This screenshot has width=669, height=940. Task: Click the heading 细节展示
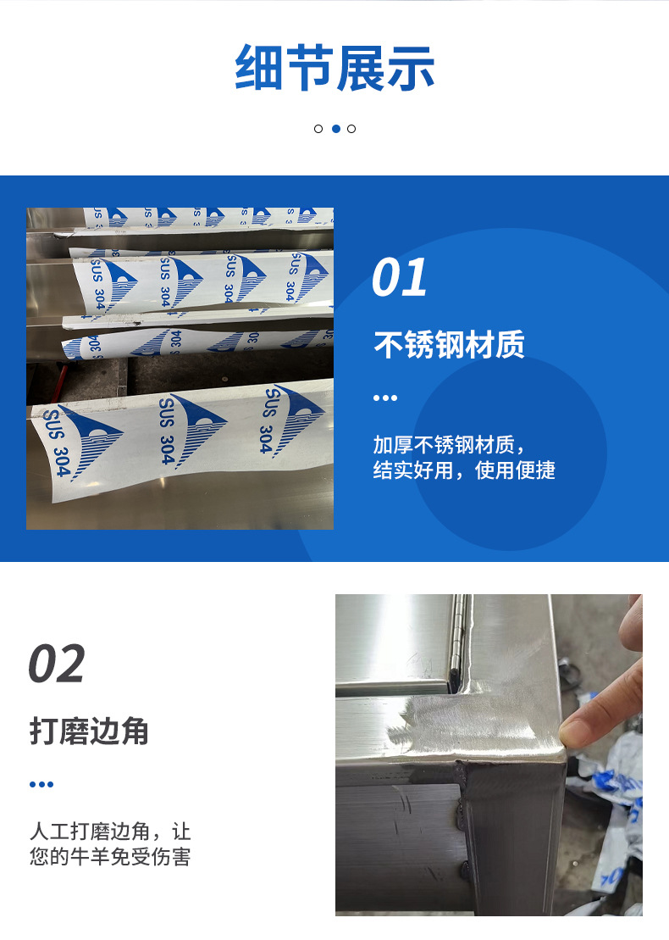tap(334, 68)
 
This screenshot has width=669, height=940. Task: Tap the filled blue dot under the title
tap(336, 128)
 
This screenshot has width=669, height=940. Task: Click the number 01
tap(399, 277)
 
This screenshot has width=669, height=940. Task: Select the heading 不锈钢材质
tap(449, 345)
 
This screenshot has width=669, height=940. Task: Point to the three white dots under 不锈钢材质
tap(385, 398)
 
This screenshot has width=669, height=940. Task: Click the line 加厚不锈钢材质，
tap(449, 445)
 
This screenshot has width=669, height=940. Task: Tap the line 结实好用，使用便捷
tap(464, 470)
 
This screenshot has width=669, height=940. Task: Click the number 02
tap(57, 664)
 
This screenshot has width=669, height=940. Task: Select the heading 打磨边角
tap(89, 731)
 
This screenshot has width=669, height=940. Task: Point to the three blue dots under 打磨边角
tap(41, 784)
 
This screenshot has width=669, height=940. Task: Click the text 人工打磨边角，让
tap(110, 832)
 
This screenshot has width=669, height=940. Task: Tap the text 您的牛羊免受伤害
tap(110, 857)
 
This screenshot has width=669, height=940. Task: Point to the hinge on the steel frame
tap(459, 636)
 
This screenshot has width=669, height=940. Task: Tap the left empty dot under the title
tap(318, 128)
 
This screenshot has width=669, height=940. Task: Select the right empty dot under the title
tap(351, 128)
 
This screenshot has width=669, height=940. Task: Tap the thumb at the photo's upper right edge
tap(632, 624)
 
